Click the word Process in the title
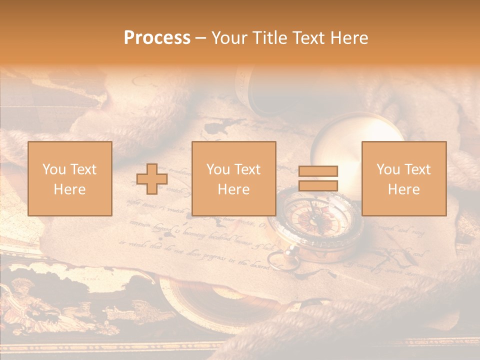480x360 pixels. [x=157, y=38]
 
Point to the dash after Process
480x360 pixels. [x=200, y=38]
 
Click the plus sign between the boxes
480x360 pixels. [x=152, y=179]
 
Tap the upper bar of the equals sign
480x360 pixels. [x=318, y=171]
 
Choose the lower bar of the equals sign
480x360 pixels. [x=318, y=186]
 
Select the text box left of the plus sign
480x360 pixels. [x=69, y=178]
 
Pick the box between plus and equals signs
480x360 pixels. [x=233, y=178]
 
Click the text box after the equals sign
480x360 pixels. [x=403, y=178]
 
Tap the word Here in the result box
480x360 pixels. [x=403, y=189]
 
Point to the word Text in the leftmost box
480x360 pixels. [x=83, y=169]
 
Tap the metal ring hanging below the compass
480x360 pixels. [x=277, y=259]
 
